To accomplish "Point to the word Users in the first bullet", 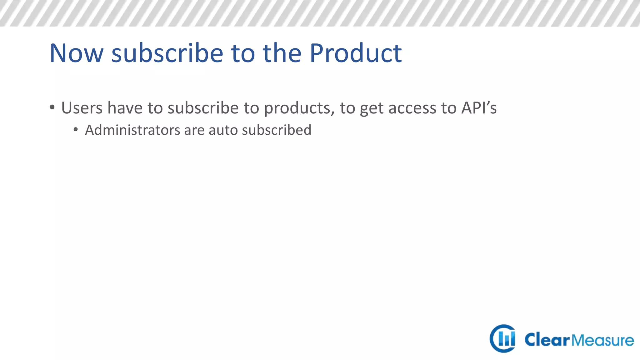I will click(x=82, y=108).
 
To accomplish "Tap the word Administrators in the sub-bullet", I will click(x=132, y=130).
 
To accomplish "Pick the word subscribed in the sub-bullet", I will click(x=277, y=130).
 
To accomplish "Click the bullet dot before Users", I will click(x=52, y=107).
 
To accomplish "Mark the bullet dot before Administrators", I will click(x=76, y=129).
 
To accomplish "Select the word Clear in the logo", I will click(x=547, y=340).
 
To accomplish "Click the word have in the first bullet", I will click(x=125, y=108).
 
